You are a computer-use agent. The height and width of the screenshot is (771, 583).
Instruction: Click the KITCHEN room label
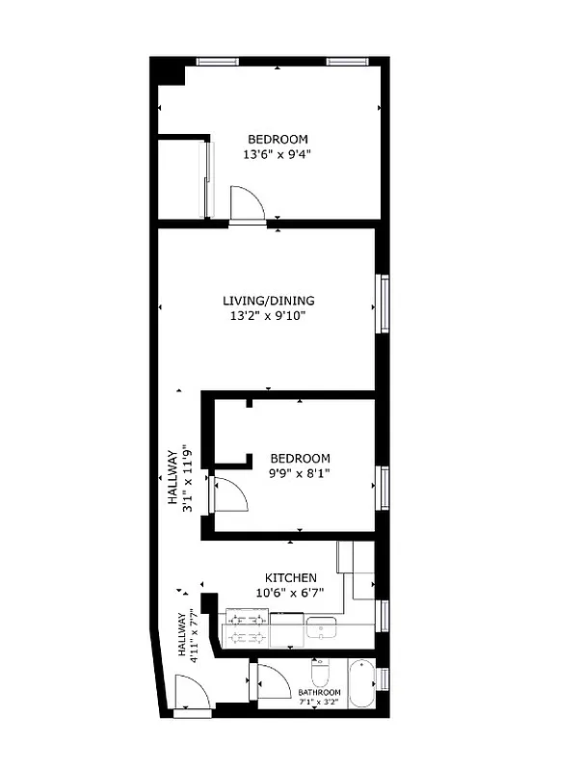(290, 577)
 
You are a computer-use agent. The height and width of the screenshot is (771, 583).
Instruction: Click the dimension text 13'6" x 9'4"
(278, 153)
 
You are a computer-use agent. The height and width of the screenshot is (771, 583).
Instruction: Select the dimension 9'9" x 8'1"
(300, 473)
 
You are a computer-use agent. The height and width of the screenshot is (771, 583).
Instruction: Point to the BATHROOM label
(319, 693)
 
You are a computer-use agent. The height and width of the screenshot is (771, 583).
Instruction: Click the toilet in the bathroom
(321, 672)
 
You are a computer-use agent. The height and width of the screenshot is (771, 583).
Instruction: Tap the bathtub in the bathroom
(362, 682)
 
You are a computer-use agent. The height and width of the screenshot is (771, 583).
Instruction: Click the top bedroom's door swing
(246, 204)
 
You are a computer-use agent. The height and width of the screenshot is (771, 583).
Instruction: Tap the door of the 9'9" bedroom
(229, 494)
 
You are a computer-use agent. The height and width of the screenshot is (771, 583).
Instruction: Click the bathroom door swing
(272, 682)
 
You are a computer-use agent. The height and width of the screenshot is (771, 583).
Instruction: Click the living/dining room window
(384, 306)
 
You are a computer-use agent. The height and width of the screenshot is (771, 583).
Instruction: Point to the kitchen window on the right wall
(384, 614)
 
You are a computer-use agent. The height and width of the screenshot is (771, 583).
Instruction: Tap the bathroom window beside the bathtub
(384, 678)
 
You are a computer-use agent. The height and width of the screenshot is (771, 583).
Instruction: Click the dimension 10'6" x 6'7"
(290, 593)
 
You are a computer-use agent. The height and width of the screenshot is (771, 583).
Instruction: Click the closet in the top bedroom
(180, 179)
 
